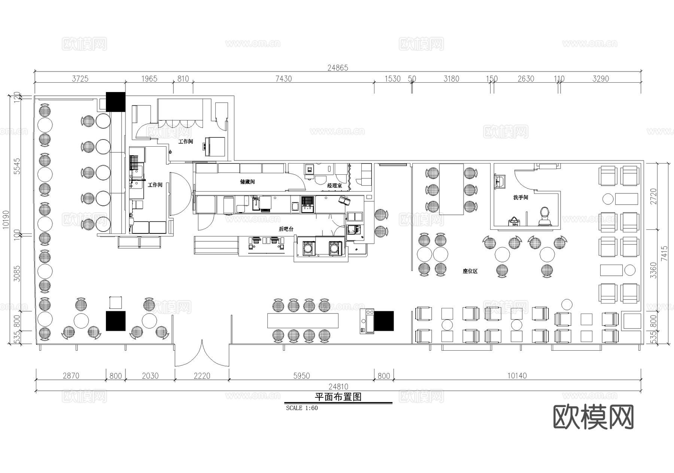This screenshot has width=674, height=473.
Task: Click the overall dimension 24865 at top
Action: click(337, 68)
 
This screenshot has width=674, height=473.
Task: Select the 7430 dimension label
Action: click(283, 79)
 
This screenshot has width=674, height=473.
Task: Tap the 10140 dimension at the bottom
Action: click(517, 376)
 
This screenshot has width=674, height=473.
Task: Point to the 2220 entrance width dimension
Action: click(202, 376)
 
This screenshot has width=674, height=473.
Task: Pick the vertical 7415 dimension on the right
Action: click(664, 253)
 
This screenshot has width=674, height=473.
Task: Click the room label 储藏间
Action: click(247, 182)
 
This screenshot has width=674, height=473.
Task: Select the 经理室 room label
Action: click(334, 186)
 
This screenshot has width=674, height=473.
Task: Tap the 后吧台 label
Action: click(286, 229)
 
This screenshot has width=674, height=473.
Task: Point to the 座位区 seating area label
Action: click(470, 271)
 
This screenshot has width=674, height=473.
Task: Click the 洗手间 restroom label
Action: click(520, 197)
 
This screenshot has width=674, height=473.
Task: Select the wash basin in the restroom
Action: click(500, 181)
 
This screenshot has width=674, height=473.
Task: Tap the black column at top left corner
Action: click(115, 102)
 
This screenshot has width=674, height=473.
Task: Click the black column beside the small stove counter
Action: click(384, 321)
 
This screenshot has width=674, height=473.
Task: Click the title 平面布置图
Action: click(338, 397)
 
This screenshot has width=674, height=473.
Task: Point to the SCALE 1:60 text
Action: click(302, 408)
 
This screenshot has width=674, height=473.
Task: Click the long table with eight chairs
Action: click(303, 321)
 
